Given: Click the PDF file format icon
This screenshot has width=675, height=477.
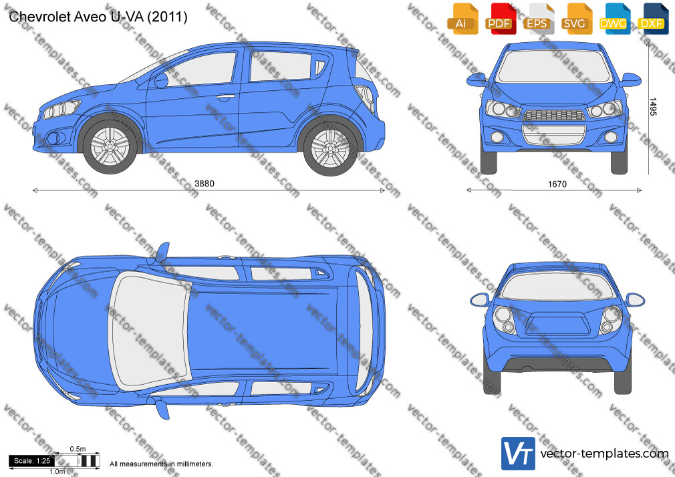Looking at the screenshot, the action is click(501, 19).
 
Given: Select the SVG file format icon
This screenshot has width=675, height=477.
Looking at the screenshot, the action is click(576, 19).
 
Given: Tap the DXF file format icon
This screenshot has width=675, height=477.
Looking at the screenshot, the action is click(653, 19).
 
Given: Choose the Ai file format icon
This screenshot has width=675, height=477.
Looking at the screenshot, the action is click(462, 19).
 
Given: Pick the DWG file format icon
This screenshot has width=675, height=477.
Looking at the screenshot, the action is click(615, 19).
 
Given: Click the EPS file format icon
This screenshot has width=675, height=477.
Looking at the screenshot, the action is click(539, 19).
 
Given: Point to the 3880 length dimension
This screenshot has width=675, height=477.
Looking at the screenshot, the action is click(205, 184).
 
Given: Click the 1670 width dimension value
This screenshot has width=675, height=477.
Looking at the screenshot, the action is click(557, 184).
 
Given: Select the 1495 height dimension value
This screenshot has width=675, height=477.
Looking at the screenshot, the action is click(653, 107).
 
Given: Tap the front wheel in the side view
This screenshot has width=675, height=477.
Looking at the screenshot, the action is click(110, 146).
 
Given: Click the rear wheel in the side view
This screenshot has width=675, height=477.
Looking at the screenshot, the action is click(330, 149).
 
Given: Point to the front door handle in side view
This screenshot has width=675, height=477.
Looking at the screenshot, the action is click(225, 97).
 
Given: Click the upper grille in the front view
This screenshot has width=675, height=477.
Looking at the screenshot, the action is click(555, 115).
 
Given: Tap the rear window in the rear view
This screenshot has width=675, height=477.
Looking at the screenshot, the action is click(558, 287).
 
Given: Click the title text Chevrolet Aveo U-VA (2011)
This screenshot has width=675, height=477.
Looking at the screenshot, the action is click(98, 17).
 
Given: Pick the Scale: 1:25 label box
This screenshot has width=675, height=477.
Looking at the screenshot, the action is click(32, 461).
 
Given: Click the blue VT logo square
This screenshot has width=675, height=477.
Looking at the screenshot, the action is click(519, 454).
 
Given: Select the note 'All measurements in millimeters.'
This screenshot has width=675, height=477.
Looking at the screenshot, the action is click(162, 464).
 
